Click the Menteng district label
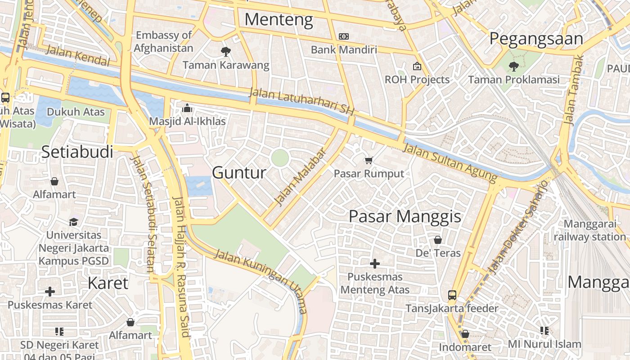point(279,20)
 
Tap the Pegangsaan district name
point(536,39)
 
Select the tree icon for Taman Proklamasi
point(513,67)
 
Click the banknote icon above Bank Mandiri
point(344,36)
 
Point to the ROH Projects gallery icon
point(417,66)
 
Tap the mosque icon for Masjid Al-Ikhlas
point(187,108)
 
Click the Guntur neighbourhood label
point(239,172)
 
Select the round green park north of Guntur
point(280,158)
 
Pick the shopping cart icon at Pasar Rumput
point(369,160)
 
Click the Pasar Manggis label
point(405,216)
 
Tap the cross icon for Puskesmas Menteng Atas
point(374,263)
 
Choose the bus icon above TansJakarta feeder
point(452,295)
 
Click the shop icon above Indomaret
point(465,334)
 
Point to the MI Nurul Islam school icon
point(544,331)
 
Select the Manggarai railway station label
point(589,230)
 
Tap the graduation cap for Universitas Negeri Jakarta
point(73,222)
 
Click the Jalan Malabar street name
point(300,176)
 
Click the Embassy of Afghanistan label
point(164,41)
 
